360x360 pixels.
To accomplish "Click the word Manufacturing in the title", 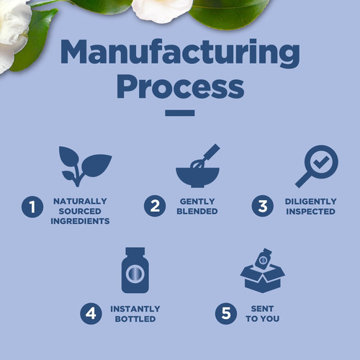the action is click(180, 53).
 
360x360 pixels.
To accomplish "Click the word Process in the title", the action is click(181, 86).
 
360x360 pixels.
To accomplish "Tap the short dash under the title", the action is click(180, 113).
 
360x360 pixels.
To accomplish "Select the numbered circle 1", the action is click(32, 207).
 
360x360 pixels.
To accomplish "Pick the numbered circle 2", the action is click(155, 206).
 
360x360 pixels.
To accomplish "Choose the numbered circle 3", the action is click(263, 206).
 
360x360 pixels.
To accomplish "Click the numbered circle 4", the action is click(91, 313).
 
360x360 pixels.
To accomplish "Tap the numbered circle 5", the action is click(226, 313).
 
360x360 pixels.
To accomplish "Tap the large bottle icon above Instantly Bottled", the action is click(135, 270).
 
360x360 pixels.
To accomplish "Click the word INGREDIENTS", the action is click(80, 221).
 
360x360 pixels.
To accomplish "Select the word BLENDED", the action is click(197, 211).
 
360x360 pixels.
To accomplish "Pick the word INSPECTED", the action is click(310, 212).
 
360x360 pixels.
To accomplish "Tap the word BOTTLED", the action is click(135, 319).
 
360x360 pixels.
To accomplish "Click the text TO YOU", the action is click(263, 319).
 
